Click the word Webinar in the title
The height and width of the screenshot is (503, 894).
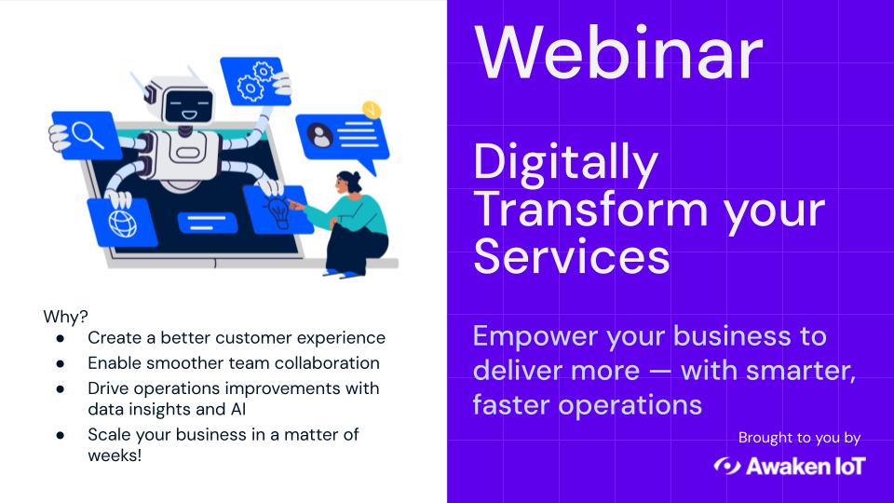coord(617,53)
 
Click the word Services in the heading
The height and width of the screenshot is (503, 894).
coord(571,255)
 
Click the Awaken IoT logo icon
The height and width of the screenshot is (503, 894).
coord(726,466)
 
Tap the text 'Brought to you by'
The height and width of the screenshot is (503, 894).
coord(799,437)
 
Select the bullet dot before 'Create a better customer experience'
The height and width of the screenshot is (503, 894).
coord(61,338)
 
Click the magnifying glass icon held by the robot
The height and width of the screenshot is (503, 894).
coord(87,133)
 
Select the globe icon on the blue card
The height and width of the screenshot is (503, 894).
coord(120,223)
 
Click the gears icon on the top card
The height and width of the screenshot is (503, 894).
coord(252,81)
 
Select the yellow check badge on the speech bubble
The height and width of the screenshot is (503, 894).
coord(372,109)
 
